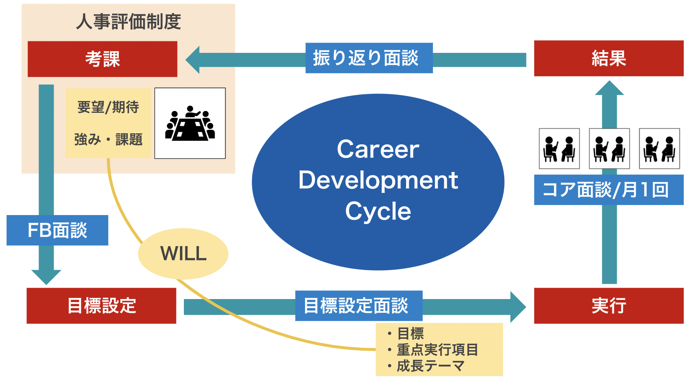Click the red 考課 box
pyautogui.click(x=102, y=59)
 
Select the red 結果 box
pyautogui.click(x=608, y=58)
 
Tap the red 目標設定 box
pyautogui.click(x=101, y=306)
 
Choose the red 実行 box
pyautogui.click(x=608, y=306)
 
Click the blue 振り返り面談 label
pyautogui.click(x=369, y=58)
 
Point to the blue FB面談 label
pyautogui.click(x=57, y=230)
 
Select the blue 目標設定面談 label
pyautogui.click(x=359, y=306)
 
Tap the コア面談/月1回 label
pyautogui.click(x=608, y=190)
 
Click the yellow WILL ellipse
pyautogui.click(x=183, y=254)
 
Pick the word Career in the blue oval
pyautogui.click(x=378, y=150)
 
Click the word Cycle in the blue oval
pyautogui.click(x=378, y=211)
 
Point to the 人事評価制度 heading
pyautogui.click(x=128, y=21)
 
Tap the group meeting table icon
pyautogui.click(x=190, y=123)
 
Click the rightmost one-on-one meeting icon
pyautogui.click(x=659, y=149)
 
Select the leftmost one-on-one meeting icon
pyautogui.click(x=559, y=149)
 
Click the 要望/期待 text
pyautogui.click(x=108, y=107)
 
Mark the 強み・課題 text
pyautogui.click(x=108, y=139)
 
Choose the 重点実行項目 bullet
pyautogui.click(x=437, y=350)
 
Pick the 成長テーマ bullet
pyautogui.click(x=430, y=366)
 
